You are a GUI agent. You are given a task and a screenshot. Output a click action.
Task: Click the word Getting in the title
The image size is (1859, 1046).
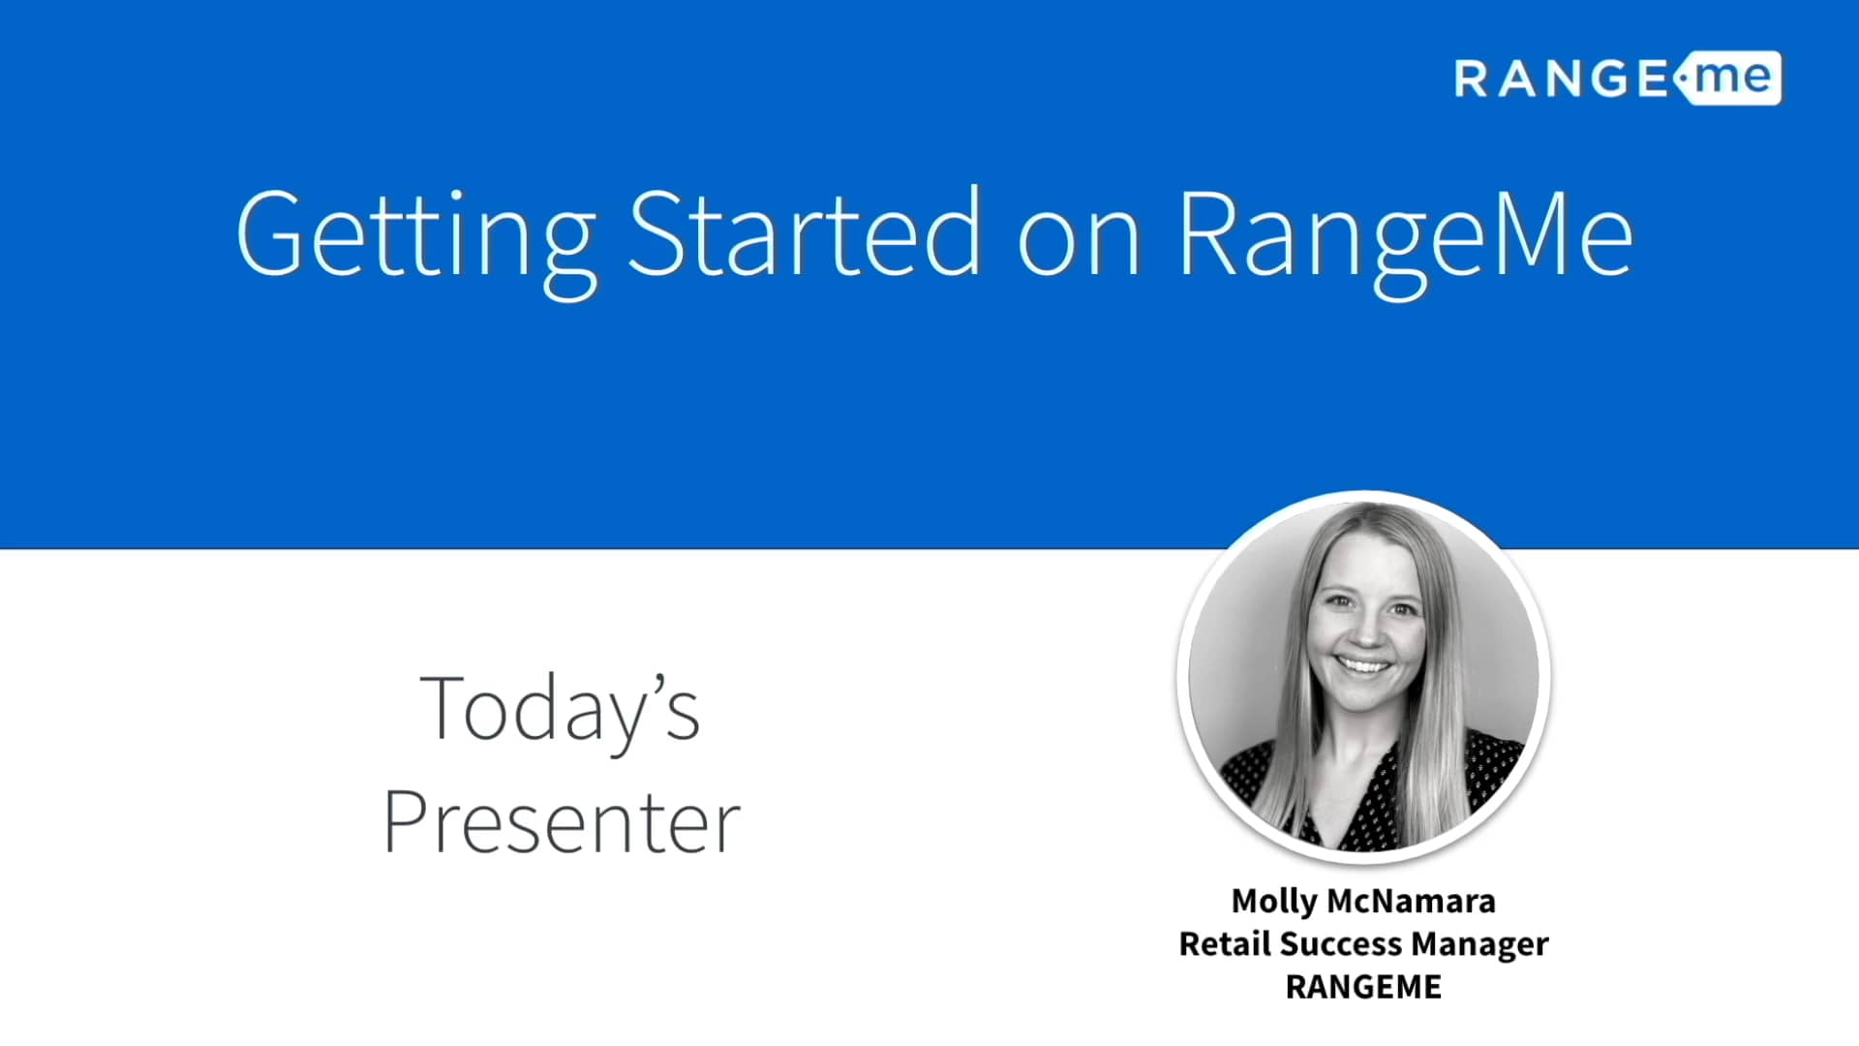pos(416,235)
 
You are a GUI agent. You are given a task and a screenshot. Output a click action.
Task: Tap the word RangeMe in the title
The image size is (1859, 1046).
pos(1406,235)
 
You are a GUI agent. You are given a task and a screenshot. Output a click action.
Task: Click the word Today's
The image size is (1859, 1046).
pos(560,710)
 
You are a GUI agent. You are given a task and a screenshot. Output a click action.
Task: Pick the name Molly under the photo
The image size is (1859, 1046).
pos(1273,902)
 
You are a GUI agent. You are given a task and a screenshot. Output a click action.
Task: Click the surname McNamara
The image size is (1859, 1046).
pos(1411,902)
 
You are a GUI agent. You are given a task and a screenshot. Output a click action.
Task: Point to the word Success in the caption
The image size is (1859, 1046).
pos(1341,944)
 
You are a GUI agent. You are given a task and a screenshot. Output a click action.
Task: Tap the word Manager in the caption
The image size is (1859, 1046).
pos(1479,944)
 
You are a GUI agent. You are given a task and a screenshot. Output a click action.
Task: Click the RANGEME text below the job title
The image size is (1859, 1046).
pos(1363,987)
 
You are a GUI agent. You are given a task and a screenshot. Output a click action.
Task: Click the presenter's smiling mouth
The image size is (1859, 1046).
pos(1363,666)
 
